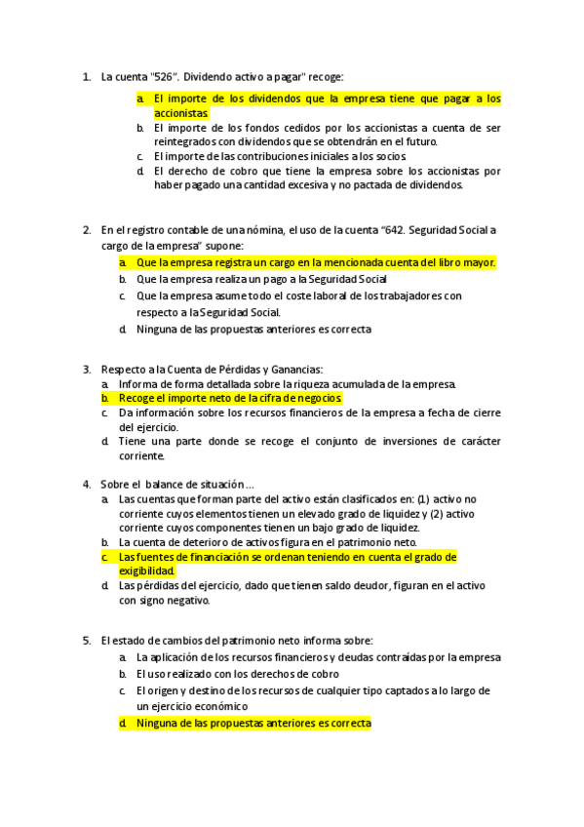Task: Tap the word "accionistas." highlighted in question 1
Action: pos(181,113)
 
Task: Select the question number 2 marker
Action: pos(87,230)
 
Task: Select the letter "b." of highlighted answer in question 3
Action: pos(105,398)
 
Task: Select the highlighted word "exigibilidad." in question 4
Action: pos(147,571)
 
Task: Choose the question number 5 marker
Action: pos(87,640)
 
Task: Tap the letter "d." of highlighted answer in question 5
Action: pos(124,724)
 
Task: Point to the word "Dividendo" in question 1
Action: pos(211,76)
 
